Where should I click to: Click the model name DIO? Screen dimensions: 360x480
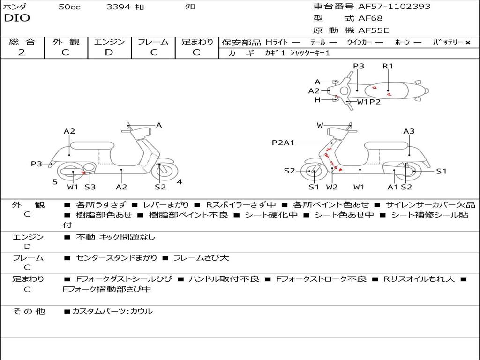click(17, 18)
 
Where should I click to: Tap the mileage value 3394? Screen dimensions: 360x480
click(119, 7)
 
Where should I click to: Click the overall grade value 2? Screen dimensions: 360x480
click(22, 52)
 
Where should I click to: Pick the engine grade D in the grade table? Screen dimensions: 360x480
click(109, 52)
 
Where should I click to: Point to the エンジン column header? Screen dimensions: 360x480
click(109, 42)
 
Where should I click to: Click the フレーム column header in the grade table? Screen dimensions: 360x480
click(153, 42)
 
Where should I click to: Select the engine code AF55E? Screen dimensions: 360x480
click(374, 30)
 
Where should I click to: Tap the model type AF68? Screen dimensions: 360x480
click(370, 19)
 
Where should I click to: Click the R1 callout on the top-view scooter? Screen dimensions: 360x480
click(388, 66)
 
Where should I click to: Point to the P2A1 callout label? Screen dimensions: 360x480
click(283, 142)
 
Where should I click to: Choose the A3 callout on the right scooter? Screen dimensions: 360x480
click(409, 131)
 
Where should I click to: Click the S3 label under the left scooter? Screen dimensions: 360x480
click(90, 187)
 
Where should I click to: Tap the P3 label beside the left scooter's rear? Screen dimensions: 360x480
click(37, 164)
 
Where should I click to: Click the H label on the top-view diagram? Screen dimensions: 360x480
click(317, 100)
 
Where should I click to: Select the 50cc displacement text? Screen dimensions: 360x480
click(69, 7)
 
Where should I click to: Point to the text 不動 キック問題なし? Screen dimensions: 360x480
click(115, 237)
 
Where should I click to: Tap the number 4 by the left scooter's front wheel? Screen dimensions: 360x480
click(180, 182)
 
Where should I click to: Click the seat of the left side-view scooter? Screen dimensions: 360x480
click(92, 145)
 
